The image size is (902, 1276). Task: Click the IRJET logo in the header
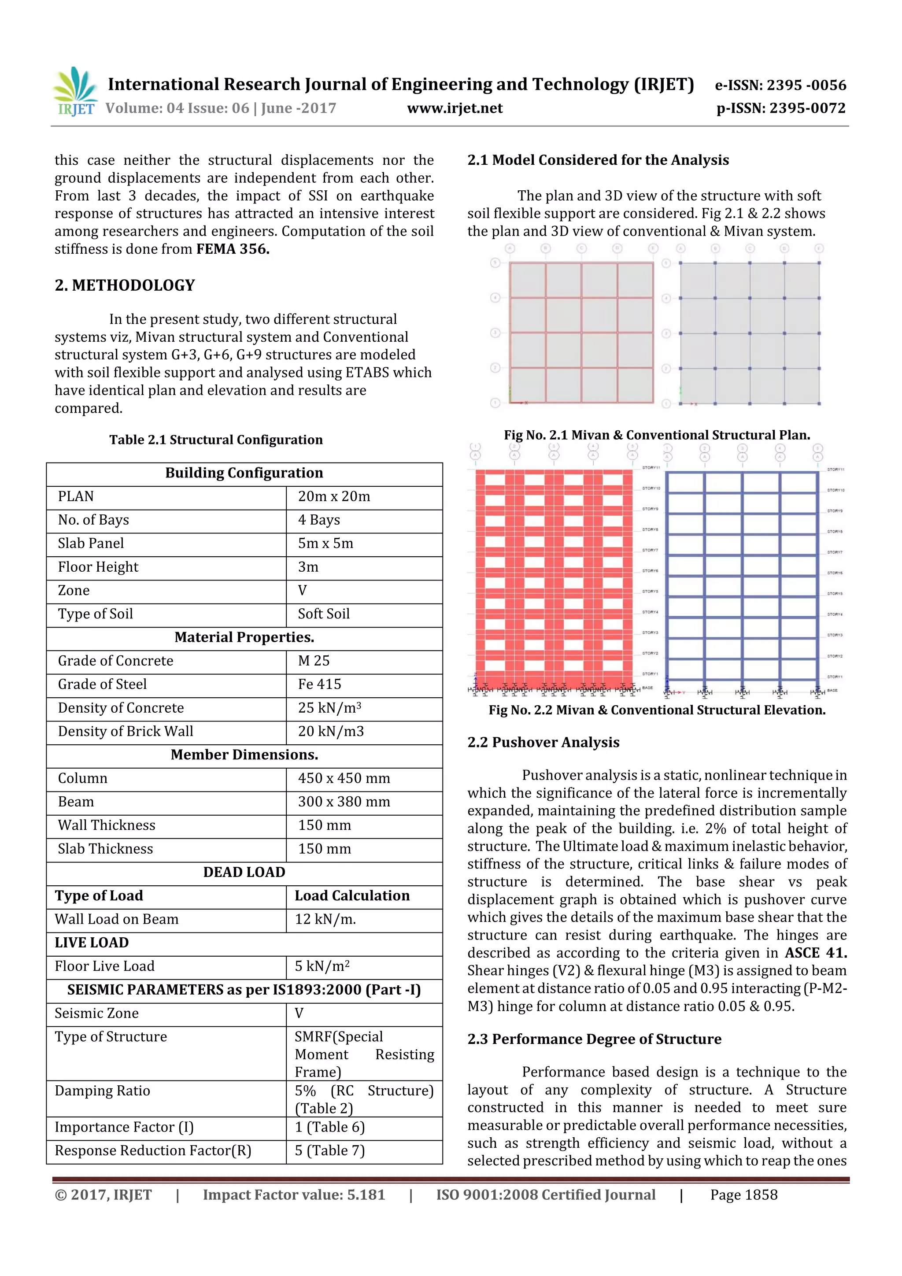pos(74,91)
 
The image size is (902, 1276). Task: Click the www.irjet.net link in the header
pos(455,108)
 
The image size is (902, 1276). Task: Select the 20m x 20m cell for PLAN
pos(333,496)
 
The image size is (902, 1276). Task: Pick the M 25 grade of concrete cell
pos(314,661)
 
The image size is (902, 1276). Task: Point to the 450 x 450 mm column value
pos(344,778)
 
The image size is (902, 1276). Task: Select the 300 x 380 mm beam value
pos(344,801)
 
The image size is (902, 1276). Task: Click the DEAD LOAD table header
pos(244,872)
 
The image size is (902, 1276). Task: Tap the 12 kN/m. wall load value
pos(325,919)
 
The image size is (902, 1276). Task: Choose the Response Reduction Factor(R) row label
pos(153,1150)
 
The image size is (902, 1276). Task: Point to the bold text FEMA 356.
pos(232,249)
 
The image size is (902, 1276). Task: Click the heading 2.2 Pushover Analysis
pos(543,743)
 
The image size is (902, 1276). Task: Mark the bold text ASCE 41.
pos(815,953)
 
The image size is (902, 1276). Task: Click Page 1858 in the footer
pos(743,1195)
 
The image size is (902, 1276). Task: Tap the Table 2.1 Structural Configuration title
pos(216,440)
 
